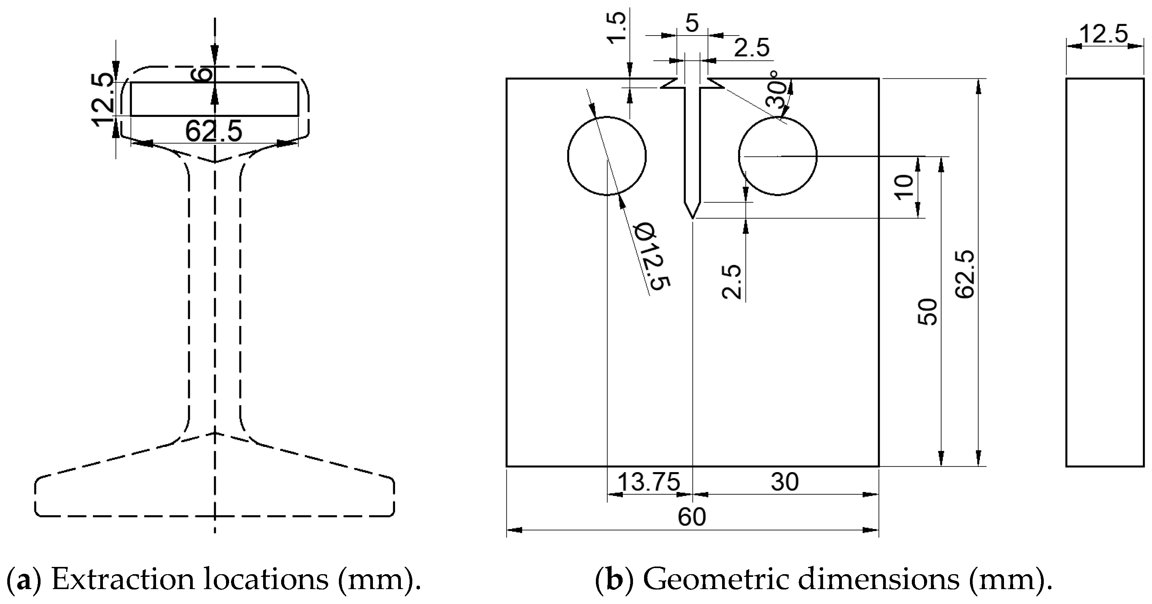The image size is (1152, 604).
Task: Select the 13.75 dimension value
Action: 648,482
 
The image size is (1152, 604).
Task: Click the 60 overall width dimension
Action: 692,517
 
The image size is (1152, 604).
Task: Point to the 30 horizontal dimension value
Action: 784,482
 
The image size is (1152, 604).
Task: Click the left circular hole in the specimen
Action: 607,156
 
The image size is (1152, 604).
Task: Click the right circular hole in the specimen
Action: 777,156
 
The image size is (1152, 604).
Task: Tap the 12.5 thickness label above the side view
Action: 1104,34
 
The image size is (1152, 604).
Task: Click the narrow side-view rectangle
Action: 1104,273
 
